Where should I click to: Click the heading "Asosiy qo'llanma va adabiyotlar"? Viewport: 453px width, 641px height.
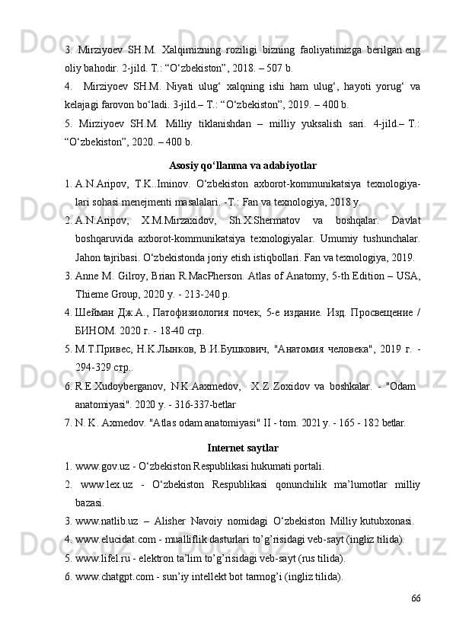[242, 166]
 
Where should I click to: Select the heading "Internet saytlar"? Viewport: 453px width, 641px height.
[242, 447]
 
